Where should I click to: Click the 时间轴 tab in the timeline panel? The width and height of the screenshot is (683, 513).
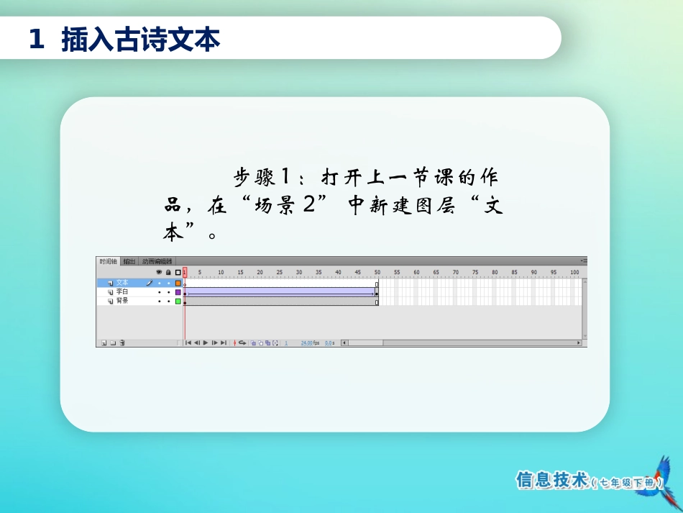tap(108, 261)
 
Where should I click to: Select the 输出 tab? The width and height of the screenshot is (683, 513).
tap(129, 261)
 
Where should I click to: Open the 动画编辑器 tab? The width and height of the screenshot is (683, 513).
tap(157, 261)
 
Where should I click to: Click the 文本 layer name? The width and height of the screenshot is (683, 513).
tap(122, 283)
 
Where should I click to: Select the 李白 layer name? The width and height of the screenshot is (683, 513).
tap(122, 292)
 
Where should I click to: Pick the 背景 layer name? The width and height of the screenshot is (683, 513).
tap(122, 301)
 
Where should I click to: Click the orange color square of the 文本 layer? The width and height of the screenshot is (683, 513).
tap(178, 283)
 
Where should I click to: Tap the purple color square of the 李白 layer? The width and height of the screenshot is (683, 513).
tap(178, 292)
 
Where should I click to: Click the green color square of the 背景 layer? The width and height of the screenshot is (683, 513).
tap(178, 301)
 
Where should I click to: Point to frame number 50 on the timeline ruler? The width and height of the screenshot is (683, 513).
tap(377, 273)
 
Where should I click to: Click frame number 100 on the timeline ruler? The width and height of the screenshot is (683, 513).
tap(574, 273)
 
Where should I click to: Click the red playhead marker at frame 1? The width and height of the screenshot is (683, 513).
tap(185, 272)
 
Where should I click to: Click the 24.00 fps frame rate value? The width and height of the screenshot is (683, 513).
tap(310, 343)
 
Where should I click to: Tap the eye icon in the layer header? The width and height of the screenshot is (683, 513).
tap(159, 273)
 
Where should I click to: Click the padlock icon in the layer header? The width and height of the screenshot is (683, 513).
tap(168, 273)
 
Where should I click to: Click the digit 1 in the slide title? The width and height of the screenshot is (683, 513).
tap(36, 40)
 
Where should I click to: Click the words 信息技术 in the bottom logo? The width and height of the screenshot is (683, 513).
tap(552, 481)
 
